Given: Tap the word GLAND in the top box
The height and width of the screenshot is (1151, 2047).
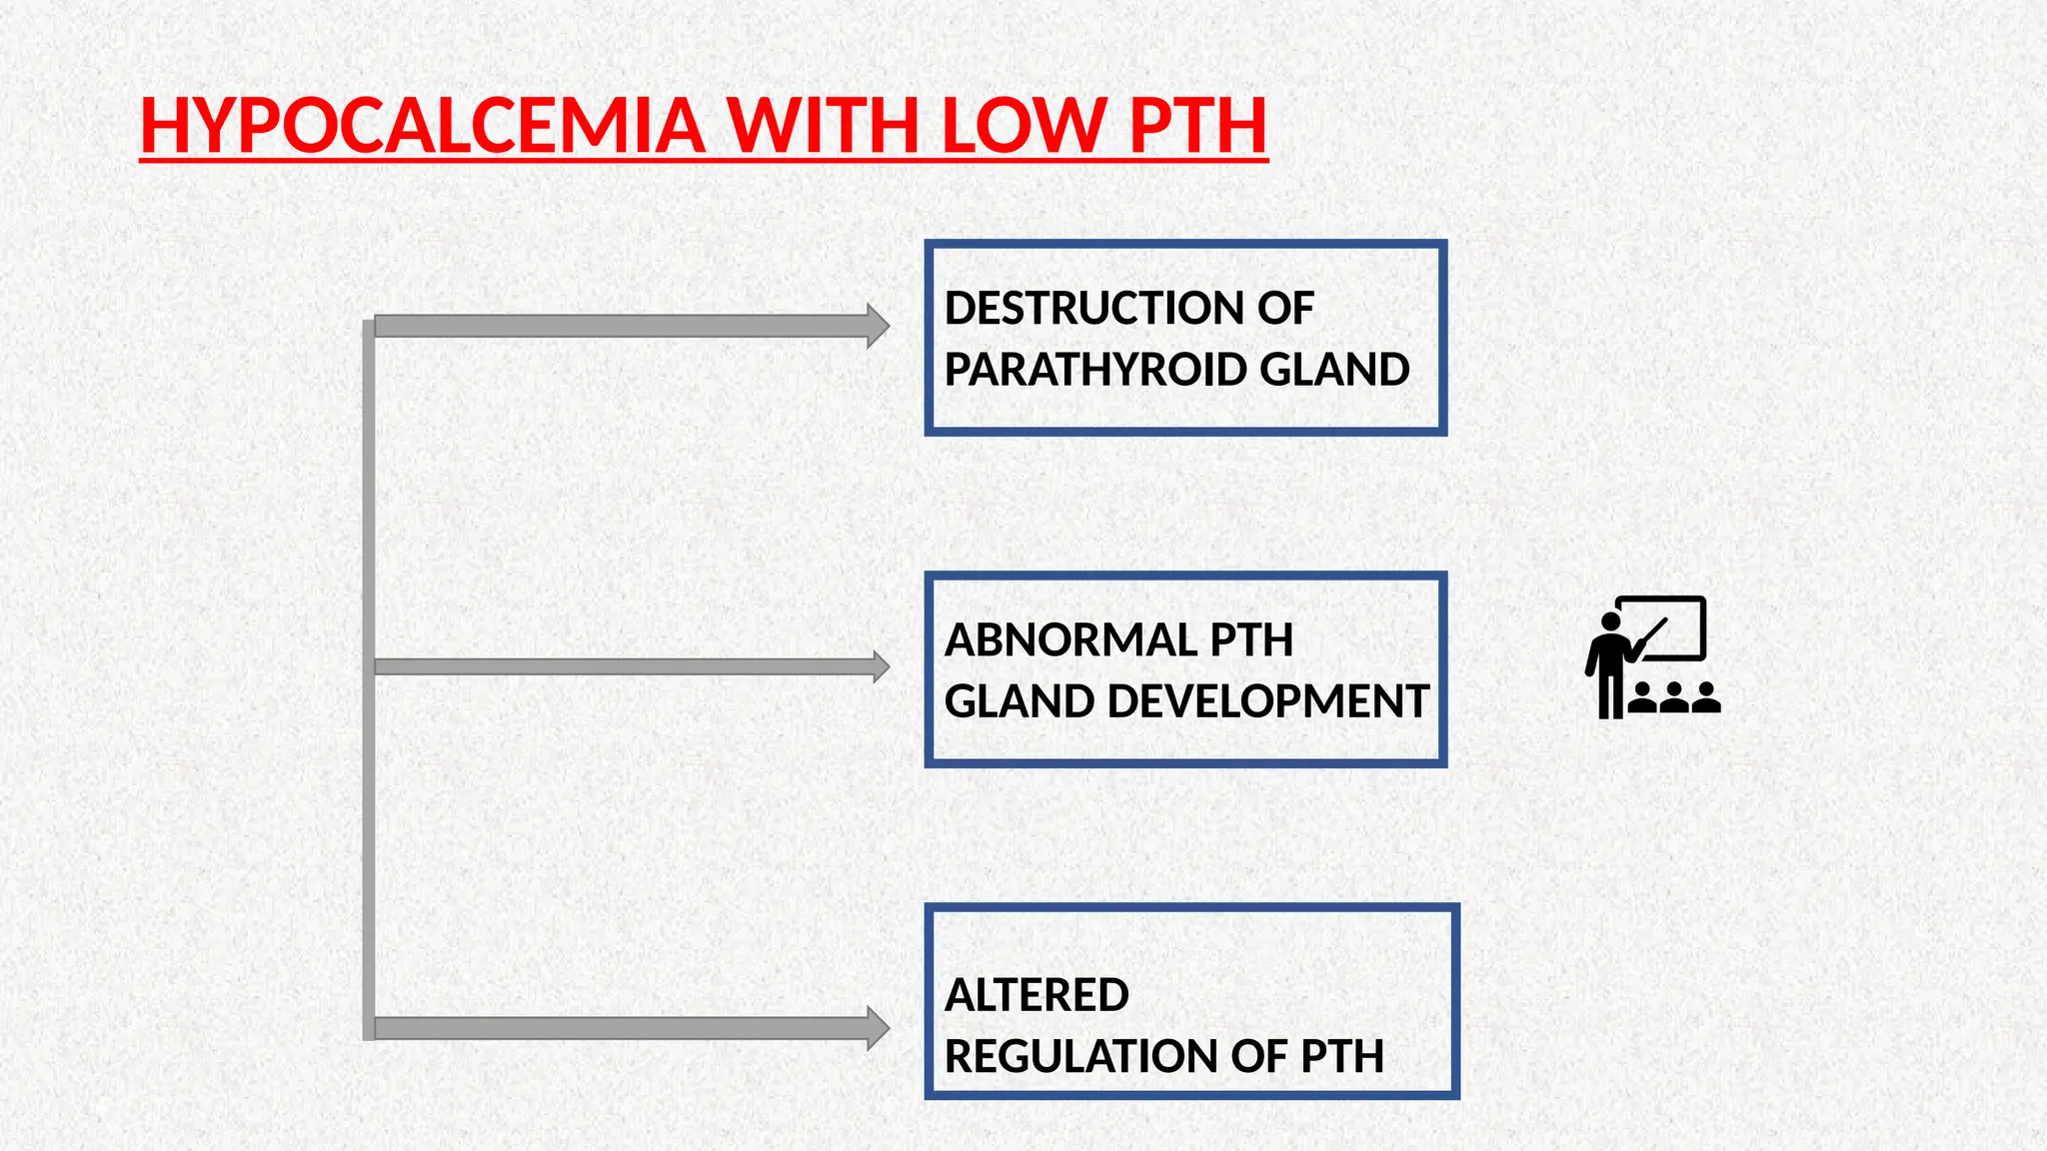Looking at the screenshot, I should coord(1334,370).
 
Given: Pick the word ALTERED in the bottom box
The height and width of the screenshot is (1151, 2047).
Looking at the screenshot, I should coord(1036,995).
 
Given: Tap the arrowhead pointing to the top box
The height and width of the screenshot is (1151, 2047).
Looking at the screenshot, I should coord(877,326).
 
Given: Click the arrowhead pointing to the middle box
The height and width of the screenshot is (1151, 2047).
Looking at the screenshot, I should coord(881,666).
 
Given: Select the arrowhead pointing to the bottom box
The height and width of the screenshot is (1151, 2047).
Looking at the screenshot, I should coord(877,1028).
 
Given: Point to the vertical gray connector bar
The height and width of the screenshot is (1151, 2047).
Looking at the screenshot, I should coord(369,679).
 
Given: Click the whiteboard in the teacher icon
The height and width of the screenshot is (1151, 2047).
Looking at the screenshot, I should coord(1669,626).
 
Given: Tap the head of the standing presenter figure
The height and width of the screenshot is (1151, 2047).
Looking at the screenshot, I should coord(1609,621).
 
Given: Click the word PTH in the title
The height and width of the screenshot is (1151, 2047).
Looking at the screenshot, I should coord(1197,127).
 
